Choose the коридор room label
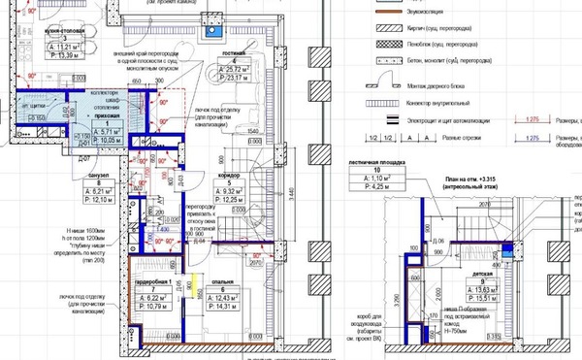coord(231,174)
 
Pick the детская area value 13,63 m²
coord(511,290)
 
